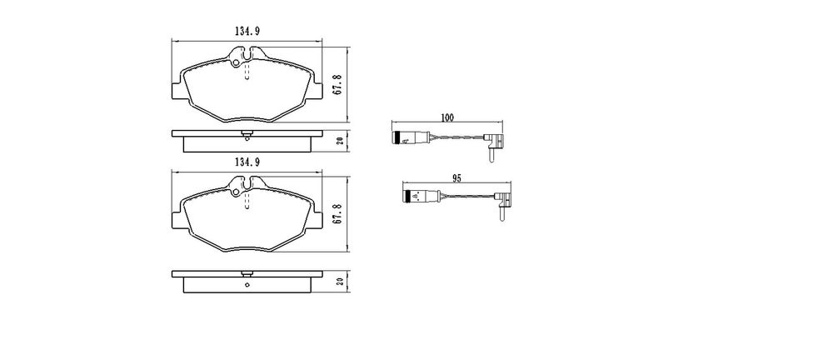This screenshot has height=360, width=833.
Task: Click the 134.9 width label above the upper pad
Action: [x=247, y=32]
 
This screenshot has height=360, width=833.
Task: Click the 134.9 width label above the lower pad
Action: [x=247, y=162]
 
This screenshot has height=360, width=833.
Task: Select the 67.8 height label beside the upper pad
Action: [x=337, y=84]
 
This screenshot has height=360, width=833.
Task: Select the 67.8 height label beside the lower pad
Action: [x=337, y=214]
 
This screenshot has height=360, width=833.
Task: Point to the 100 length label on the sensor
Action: [x=447, y=118]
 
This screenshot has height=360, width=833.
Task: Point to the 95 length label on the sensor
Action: [x=456, y=179]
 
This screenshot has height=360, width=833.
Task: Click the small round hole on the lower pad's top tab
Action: [x=237, y=192]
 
